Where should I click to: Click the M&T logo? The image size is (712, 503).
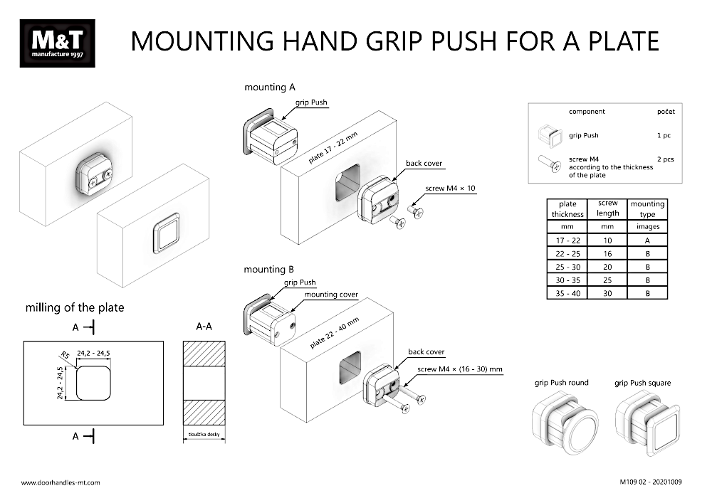click(57, 43)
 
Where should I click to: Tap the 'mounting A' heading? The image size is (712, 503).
click(269, 88)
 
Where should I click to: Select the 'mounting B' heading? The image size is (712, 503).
click(269, 270)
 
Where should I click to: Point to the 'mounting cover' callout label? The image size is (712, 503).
click(331, 294)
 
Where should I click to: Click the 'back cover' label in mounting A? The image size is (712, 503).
click(424, 163)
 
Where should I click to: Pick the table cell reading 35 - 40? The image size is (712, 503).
click(567, 293)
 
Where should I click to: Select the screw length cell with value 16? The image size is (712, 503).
click(607, 254)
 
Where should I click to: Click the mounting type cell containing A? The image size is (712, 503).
click(648, 240)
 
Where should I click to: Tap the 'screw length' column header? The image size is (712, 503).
click(607, 208)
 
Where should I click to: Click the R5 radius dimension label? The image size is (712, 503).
click(65, 354)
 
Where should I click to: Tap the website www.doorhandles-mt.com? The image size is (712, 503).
click(61, 482)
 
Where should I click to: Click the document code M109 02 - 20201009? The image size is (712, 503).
click(651, 482)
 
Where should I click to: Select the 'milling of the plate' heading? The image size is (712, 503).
click(75, 307)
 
